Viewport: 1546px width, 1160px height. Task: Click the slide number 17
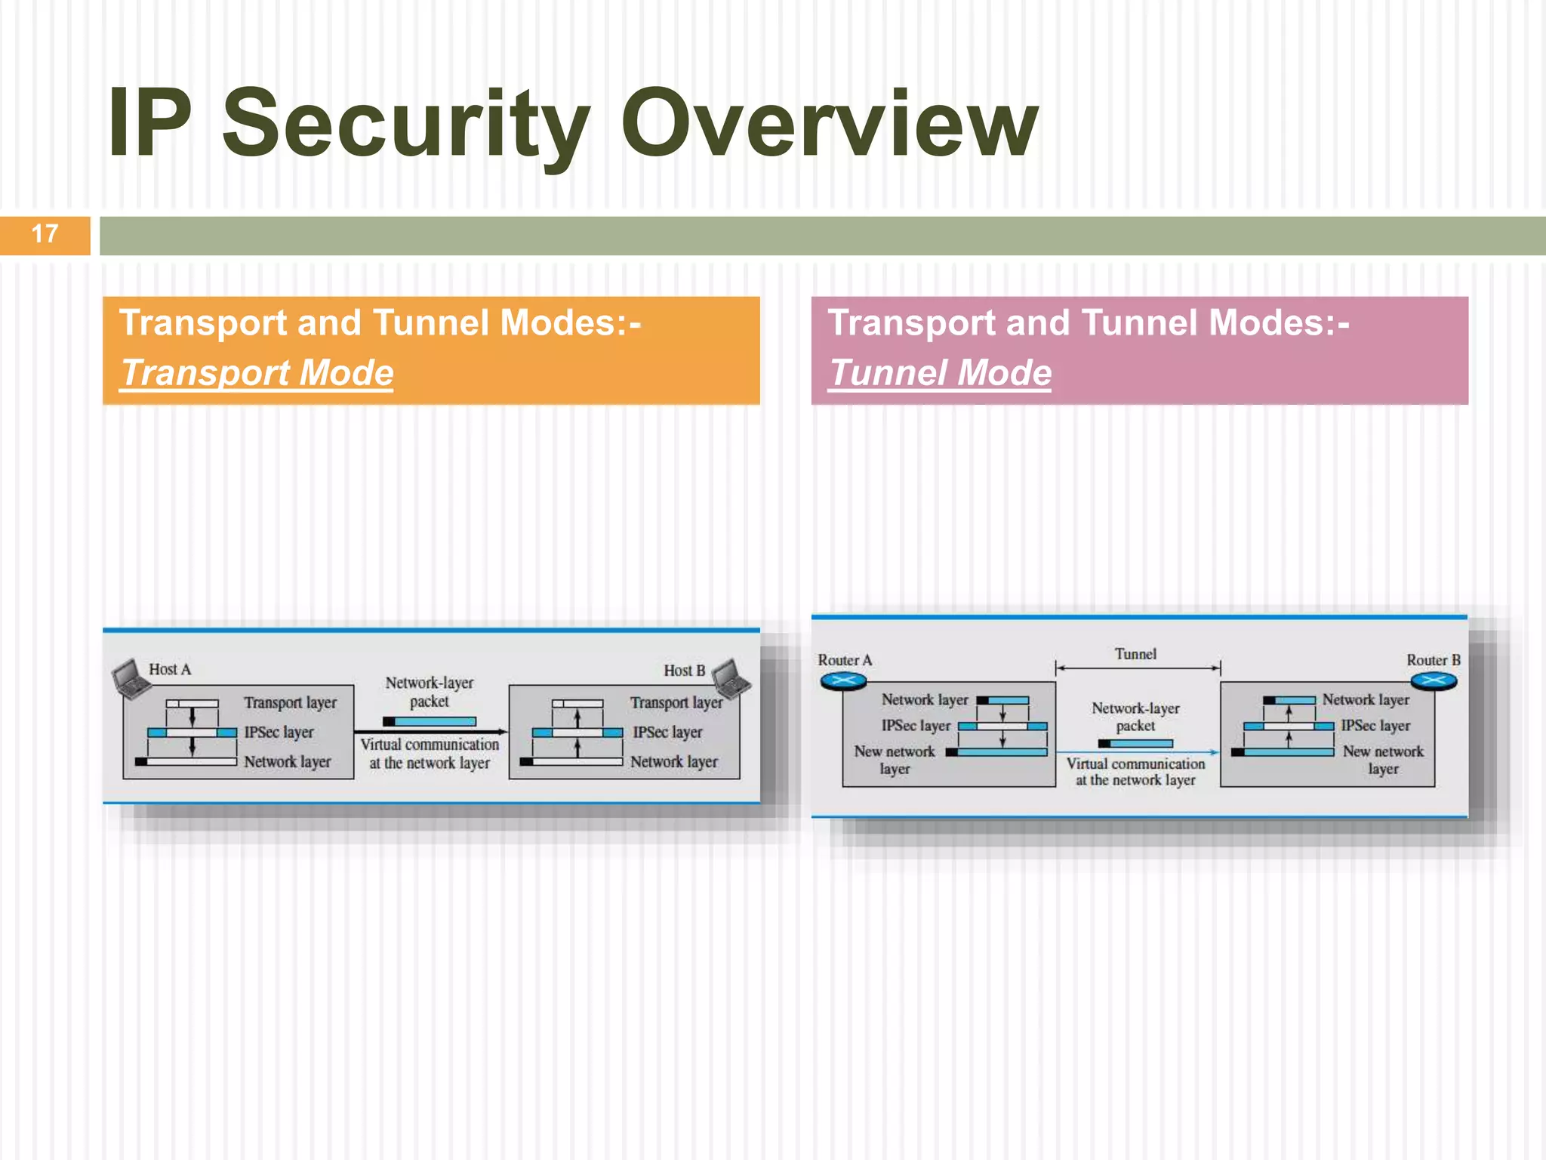(x=45, y=234)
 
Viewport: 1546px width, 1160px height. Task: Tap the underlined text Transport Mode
(x=257, y=373)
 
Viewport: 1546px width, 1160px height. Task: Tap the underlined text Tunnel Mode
(x=940, y=373)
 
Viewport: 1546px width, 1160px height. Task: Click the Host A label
(x=170, y=670)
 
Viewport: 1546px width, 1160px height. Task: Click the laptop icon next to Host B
(x=730, y=677)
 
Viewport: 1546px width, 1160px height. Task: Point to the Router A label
(x=845, y=660)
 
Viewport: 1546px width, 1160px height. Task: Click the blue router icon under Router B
(x=1433, y=682)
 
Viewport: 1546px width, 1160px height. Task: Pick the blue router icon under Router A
(x=843, y=682)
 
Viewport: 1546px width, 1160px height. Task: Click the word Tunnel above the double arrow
(x=1135, y=654)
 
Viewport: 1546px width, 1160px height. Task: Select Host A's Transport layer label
(x=290, y=703)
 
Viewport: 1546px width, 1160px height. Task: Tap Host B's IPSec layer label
(x=667, y=733)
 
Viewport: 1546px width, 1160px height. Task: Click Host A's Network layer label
(x=287, y=762)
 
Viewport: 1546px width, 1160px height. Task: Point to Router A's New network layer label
(x=895, y=760)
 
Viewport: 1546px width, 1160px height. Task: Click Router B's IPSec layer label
(x=1375, y=726)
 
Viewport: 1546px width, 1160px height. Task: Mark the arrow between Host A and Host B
(x=430, y=732)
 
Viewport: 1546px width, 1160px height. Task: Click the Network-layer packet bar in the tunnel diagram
(x=1135, y=744)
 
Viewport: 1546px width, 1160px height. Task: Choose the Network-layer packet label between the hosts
(x=429, y=692)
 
